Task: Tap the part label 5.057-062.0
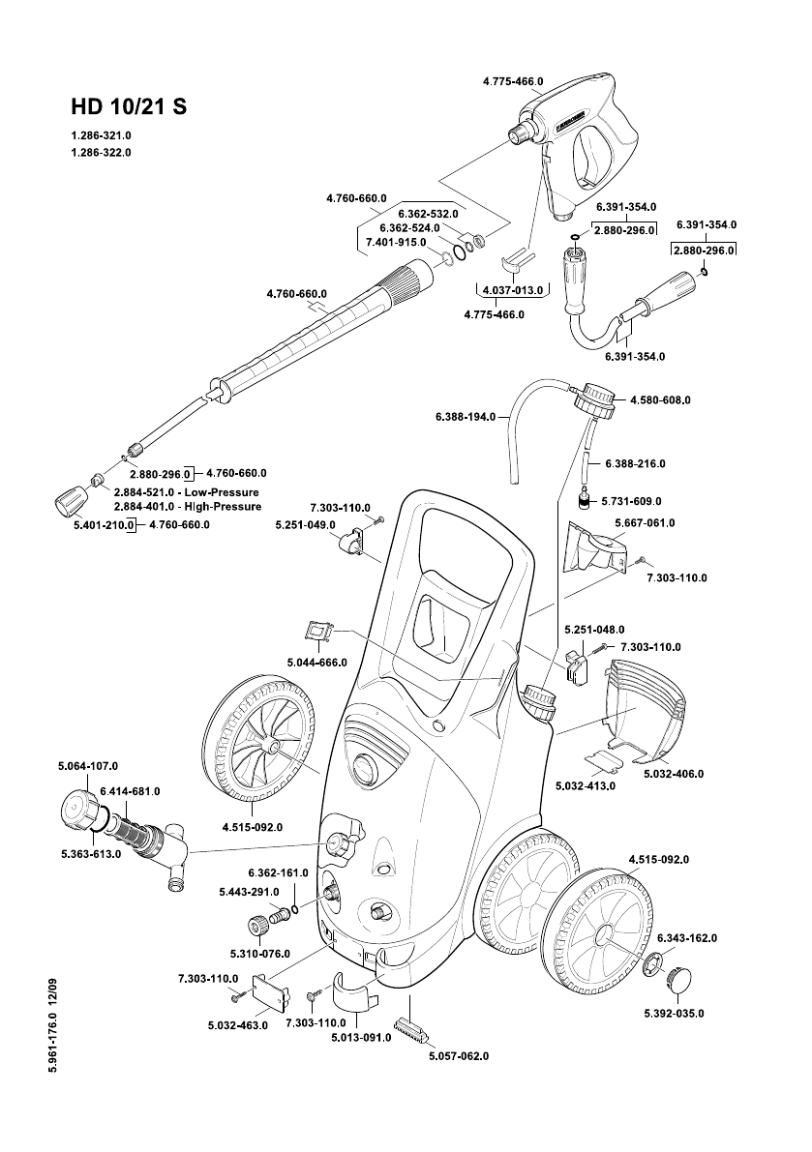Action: [x=459, y=1055]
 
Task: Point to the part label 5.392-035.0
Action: [x=674, y=1013]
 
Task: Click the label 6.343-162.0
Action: [x=687, y=938]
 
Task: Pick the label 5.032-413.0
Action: [x=585, y=785]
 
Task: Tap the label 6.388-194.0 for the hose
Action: [x=466, y=417]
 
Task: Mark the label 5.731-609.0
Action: [x=631, y=501]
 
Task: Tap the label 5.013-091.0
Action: [x=361, y=1037]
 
